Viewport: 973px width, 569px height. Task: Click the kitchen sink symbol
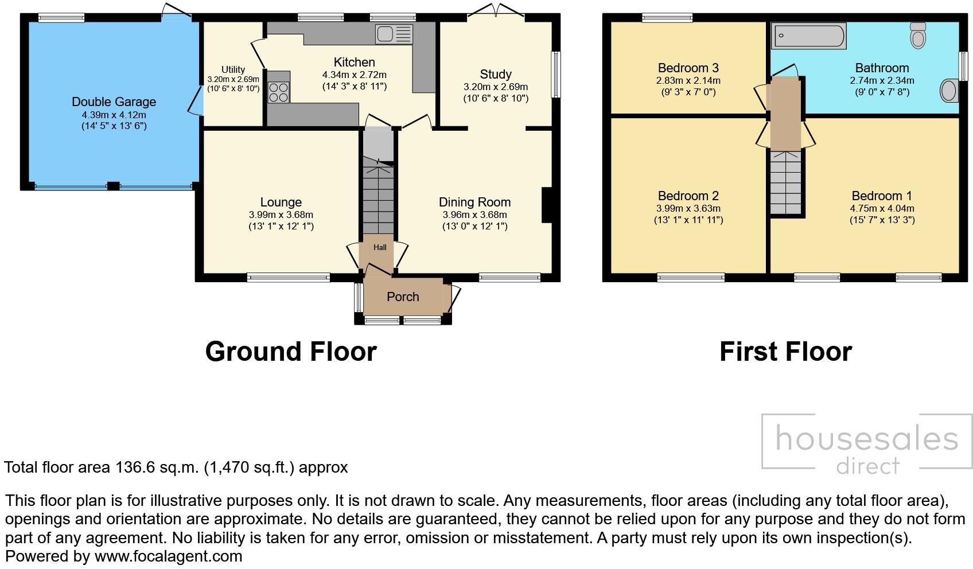pos(394,34)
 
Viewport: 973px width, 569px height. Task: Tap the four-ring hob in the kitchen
pos(279,92)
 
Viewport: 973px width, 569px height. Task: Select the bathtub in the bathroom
pos(809,36)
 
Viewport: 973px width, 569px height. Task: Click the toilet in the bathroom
pos(918,36)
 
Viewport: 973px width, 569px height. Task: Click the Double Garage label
pos(114,102)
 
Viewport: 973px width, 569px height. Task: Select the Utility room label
pos(233,69)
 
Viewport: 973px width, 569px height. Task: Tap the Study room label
pos(496,75)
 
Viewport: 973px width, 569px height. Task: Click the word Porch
pos(403,297)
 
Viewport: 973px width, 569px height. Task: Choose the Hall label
pos(380,248)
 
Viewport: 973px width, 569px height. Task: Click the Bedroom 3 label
pos(688,68)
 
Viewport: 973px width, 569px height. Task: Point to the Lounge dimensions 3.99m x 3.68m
pos(281,215)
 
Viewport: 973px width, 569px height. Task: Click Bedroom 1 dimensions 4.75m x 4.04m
pos(882,209)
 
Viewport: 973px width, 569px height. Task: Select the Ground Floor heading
pos(291,352)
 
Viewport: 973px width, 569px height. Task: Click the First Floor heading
pos(785,352)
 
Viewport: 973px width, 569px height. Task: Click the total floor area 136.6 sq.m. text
pos(176,467)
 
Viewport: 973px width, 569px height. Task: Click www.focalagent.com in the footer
pos(168,556)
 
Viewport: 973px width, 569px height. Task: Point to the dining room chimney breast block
pos(547,205)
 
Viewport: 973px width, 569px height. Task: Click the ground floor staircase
pos(379,195)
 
